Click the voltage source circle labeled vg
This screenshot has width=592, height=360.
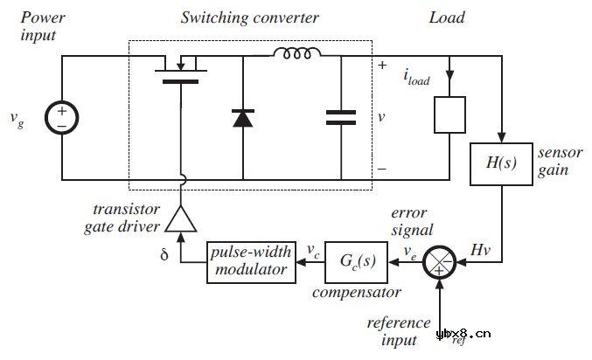point(62,119)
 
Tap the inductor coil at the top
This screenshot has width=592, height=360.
point(295,54)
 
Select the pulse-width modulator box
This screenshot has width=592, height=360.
point(249,260)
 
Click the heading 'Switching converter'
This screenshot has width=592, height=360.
point(249,17)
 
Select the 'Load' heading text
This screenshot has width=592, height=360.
point(446,17)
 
